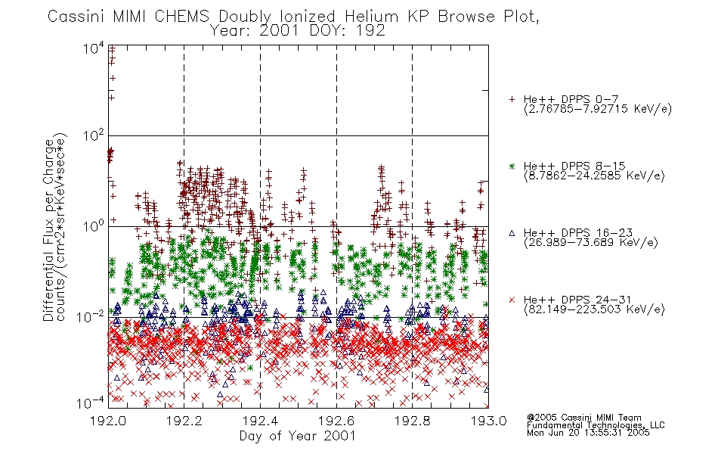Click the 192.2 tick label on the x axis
[184, 421]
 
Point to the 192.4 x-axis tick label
[260, 421]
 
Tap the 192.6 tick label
[336, 421]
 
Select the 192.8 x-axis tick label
[412, 421]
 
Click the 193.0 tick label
[488, 421]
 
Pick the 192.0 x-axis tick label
[108, 421]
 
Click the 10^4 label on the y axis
[94, 48]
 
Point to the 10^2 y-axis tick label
[94, 136]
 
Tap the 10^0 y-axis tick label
[94, 226]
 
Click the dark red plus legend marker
[512, 99]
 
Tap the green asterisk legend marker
[512, 166]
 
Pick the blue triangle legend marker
[512, 233]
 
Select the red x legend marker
[512, 300]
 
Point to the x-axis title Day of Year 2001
[297, 436]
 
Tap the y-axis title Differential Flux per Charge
[48, 230]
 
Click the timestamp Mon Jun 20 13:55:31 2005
[588, 433]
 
